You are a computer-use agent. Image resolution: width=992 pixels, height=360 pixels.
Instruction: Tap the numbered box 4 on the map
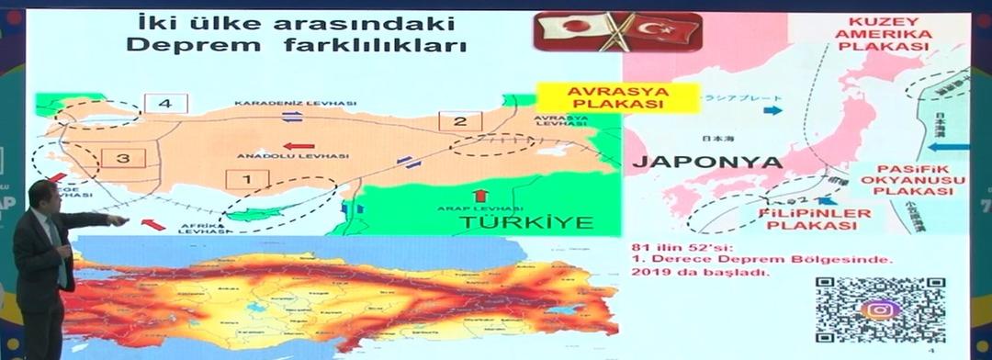pos(165,104)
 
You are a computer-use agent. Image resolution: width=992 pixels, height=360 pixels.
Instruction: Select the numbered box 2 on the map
pos(461,120)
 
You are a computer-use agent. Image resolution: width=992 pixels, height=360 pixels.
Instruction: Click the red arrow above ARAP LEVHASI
pos(479,195)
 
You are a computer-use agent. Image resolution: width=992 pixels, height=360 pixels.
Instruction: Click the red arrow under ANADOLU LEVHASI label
pos(299,145)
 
